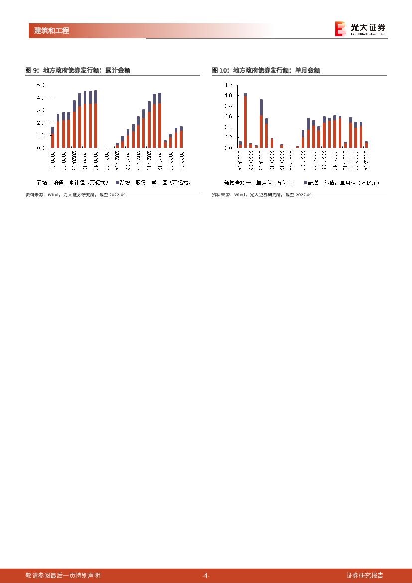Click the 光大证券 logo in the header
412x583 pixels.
(360, 28)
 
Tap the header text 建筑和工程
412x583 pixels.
(52, 31)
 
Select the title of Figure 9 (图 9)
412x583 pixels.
(78, 71)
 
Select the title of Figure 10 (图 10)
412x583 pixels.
(266, 71)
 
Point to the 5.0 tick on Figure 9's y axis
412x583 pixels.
(41, 85)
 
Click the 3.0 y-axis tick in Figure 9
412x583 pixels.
(41, 110)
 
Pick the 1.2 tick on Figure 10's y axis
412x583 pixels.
(228, 85)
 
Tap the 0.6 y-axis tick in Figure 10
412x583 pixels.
(228, 117)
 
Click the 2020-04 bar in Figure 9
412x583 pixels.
(53, 137)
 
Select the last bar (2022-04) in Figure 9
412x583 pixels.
(181, 137)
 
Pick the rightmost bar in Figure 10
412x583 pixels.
(366, 145)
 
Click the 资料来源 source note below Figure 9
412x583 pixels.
(75, 195)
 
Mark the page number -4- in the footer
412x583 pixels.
(206, 576)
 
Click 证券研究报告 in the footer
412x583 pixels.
(365, 576)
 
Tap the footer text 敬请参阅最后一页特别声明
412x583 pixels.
(63, 576)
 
